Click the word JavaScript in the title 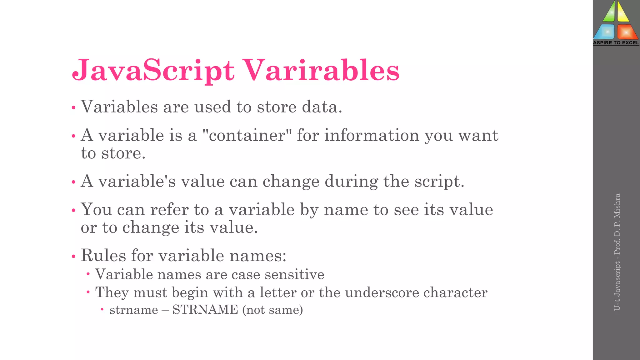click(x=153, y=70)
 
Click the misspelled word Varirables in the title click(x=321, y=70)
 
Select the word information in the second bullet click(x=372, y=135)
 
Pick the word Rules click(x=103, y=255)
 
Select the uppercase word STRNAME click(x=205, y=310)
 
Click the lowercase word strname click(x=134, y=310)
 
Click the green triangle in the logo click(x=609, y=12)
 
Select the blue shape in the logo click(x=605, y=32)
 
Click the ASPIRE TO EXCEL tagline click(x=616, y=43)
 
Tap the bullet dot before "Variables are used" click(x=74, y=108)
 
